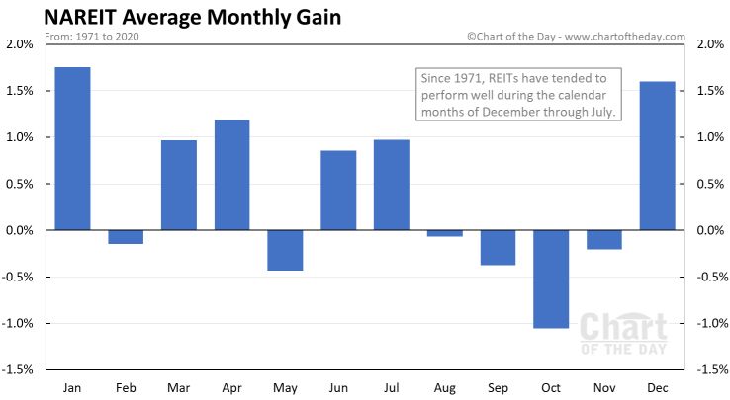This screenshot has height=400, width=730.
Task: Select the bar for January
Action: click(72, 148)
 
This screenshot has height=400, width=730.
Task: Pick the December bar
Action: click(658, 155)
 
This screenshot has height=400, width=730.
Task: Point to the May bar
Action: click(286, 250)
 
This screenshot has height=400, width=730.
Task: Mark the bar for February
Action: click(126, 237)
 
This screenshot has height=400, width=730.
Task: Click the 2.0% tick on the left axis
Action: click(20, 44)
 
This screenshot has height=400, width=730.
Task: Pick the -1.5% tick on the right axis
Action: click(712, 369)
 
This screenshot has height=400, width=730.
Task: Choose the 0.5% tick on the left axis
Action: click(20, 184)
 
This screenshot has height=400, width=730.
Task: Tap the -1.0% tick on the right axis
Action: click(712, 323)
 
